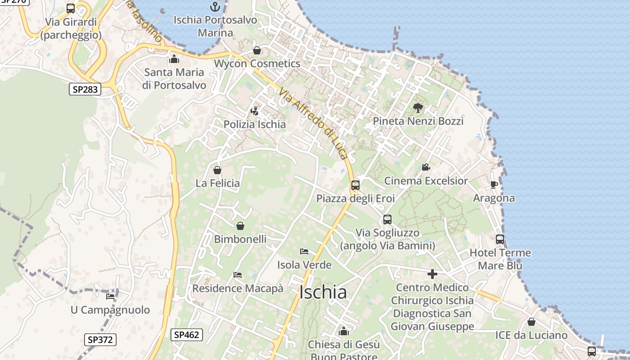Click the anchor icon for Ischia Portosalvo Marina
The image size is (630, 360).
[x=215, y=7]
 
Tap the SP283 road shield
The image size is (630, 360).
[x=85, y=89]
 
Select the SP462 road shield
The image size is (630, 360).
[x=187, y=334]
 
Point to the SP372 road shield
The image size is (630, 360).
[x=100, y=339]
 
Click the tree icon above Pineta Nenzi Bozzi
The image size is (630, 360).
[x=418, y=108]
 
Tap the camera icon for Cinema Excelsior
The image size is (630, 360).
[x=426, y=167]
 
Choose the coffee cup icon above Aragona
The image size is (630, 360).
[x=494, y=184]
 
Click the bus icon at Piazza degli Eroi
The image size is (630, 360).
[x=355, y=185]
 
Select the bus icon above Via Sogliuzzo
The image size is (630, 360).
[x=387, y=220]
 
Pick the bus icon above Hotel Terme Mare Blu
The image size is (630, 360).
[x=500, y=239]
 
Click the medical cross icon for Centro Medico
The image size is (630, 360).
[x=432, y=274]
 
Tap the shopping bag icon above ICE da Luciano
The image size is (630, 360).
[x=531, y=322]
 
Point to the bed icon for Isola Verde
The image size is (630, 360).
[x=304, y=251]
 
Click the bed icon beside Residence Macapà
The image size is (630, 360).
[x=238, y=275]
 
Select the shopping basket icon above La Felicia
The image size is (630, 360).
[x=217, y=170]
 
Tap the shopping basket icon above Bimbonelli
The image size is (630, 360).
[x=240, y=226]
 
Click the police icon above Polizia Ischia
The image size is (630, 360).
[x=255, y=111]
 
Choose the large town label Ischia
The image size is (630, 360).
[x=323, y=293]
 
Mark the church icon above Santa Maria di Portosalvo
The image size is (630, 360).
[x=174, y=59]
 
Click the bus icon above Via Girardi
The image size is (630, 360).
[x=71, y=9]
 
